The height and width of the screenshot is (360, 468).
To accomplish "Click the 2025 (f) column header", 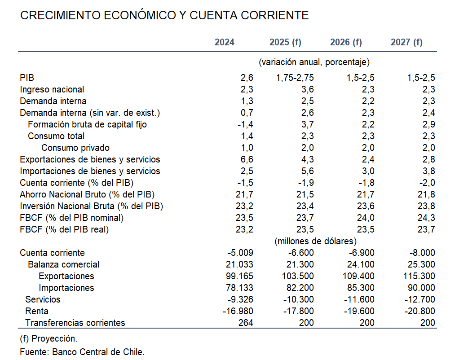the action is coord(285,42).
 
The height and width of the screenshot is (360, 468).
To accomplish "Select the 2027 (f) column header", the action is coord(406,42).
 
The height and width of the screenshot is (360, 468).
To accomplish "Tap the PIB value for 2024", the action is coord(247,78).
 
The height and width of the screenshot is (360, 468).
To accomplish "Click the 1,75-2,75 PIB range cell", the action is coord(295,78).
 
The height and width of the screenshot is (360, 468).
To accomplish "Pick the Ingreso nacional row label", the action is coord(52,89).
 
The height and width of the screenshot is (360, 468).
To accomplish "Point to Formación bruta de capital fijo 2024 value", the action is coord(245,124).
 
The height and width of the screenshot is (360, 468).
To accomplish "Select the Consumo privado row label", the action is coord(75,148).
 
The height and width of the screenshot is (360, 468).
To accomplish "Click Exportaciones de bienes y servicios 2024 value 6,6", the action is coord(247,159).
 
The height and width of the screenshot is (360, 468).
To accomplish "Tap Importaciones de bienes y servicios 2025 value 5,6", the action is coord(307,171).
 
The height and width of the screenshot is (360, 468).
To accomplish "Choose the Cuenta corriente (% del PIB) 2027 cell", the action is coord(427,183).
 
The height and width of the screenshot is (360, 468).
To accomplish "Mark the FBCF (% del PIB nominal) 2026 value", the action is coord(366,218).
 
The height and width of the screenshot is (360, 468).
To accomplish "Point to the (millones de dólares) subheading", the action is coord(315,241).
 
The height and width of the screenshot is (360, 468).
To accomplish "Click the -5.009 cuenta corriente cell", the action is coord(240,253).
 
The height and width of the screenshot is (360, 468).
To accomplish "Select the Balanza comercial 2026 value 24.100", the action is coord(361,264).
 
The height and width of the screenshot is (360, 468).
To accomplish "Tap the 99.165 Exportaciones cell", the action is coord(239,276).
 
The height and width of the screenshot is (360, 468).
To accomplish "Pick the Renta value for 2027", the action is coord(419,312).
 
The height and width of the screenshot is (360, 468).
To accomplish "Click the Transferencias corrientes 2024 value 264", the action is coord(246,323).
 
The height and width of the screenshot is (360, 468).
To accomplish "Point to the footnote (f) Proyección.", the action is coord(49,339).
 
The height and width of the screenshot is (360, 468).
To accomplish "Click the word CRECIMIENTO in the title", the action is coord(60,16).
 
